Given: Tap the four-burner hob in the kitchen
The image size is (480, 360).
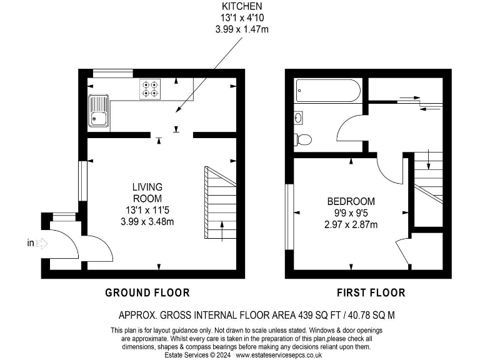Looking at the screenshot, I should pos(150,89).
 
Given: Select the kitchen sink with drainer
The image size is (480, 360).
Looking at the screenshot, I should pos(99,110).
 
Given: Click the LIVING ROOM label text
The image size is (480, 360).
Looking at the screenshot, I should pos(147,192).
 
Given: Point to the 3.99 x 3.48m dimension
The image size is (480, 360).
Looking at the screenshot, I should pos(147,221).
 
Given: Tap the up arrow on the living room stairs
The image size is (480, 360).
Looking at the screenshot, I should pos(222,230).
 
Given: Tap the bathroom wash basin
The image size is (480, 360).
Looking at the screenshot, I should pos(299,117).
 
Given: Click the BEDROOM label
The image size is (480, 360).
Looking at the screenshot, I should pos(351,201).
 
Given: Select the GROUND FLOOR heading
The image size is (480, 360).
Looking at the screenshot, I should pos(147,292).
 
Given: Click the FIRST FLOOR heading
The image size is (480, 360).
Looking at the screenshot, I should pos(371,292).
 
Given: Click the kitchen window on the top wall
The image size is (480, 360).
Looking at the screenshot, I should pos(109,74).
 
